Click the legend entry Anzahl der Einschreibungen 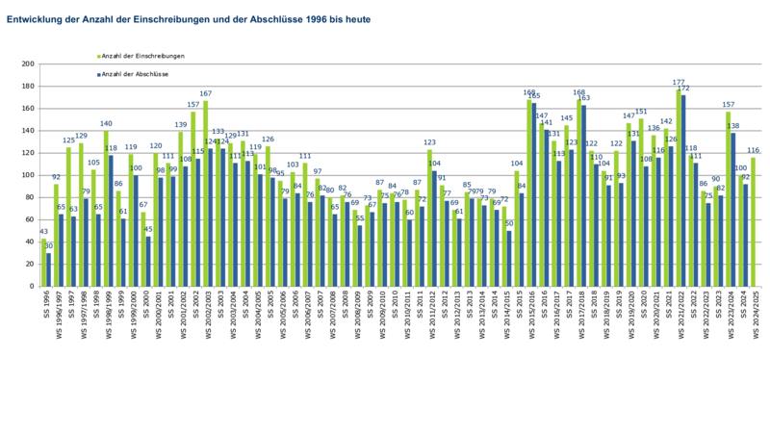[144, 57]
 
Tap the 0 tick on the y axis [32, 286]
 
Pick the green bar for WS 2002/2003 [206, 193]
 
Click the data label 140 [106, 124]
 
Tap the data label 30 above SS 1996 [49, 245]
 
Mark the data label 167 [206, 94]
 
